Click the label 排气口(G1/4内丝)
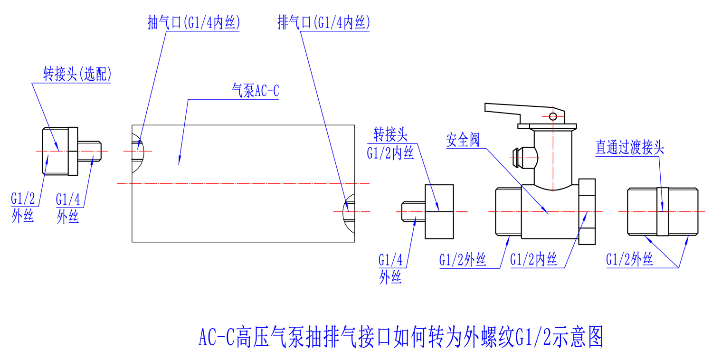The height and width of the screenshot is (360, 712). click(x=323, y=23)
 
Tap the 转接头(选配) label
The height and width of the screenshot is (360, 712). click(x=77, y=75)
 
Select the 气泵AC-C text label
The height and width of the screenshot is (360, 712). click(x=255, y=91)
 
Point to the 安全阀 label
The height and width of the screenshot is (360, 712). click(x=463, y=140)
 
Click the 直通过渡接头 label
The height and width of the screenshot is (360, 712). click(x=630, y=148)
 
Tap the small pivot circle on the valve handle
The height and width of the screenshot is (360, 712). click(x=552, y=116)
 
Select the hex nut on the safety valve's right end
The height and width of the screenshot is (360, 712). click(x=588, y=211)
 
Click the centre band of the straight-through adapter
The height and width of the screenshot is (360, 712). click(x=663, y=211)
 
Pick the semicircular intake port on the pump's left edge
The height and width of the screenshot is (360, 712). click(x=137, y=151)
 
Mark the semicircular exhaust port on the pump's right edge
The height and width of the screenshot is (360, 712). click(x=349, y=211)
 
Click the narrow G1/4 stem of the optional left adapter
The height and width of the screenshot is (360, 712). click(x=90, y=152)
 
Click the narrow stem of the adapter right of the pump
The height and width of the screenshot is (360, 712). click(x=413, y=211)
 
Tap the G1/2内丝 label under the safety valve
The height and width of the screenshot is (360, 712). click(x=533, y=260)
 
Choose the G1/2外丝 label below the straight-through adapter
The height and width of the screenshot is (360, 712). click(x=629, y=260)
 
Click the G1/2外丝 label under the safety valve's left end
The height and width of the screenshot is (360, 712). click(x=462, y=260)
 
